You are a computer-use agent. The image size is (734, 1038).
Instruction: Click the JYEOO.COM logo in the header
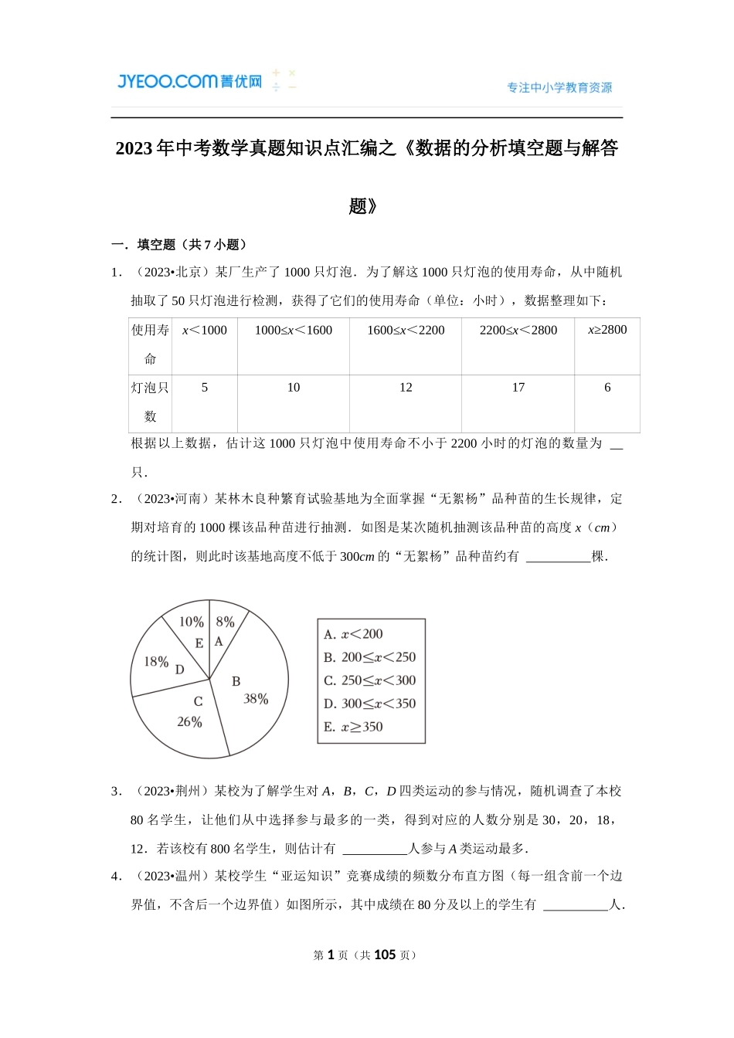[189, 81]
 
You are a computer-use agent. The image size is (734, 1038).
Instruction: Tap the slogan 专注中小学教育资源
[559, 88]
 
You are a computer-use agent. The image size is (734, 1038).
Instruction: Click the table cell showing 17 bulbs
[518, 388]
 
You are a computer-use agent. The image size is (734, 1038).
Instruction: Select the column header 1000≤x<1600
[293, 331]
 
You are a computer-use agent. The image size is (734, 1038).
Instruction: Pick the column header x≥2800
[607, 331]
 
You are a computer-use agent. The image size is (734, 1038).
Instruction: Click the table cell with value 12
[406, 388]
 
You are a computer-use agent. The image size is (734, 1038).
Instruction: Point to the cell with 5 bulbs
[204, 388]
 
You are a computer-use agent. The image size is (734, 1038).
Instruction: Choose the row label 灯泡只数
[150, 402]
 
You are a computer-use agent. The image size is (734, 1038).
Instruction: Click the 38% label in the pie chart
[256, 699]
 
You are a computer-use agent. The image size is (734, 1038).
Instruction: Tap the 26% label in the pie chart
[189, 722]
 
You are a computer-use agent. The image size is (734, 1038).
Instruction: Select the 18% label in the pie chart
[156, 662]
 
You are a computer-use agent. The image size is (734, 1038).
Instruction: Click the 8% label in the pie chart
[225, 622]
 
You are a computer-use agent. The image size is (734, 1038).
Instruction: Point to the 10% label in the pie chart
[191, 622]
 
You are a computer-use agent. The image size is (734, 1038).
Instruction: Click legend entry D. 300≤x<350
[369, 704]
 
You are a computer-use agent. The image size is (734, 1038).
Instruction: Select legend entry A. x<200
[353, 634]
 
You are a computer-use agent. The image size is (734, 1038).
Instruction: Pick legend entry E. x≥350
[353, 727]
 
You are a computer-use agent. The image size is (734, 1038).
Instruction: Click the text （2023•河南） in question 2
[171, 499]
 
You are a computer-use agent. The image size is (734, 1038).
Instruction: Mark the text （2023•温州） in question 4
[171, 876]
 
